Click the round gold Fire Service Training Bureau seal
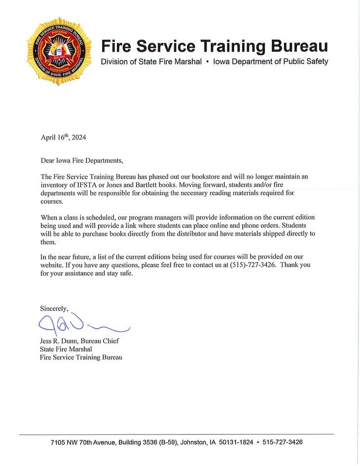tap(60, 51)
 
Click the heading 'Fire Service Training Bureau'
tap(214, 46)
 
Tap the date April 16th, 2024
tap(63, 138)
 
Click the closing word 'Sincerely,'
tap(54, 308)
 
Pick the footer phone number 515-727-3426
tap(283, 442)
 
